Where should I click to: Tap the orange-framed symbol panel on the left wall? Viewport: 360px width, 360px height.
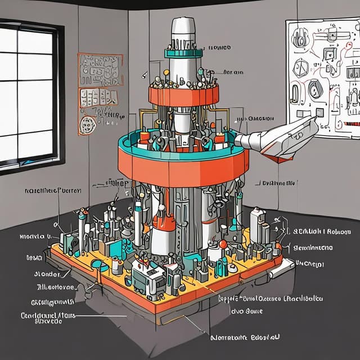point(100,79)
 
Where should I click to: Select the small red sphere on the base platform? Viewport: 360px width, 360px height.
point(223,244)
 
